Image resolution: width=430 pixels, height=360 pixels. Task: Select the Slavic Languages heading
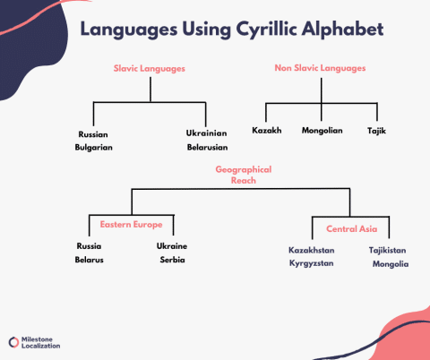(150, 67)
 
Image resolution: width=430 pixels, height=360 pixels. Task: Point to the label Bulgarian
(94, 147)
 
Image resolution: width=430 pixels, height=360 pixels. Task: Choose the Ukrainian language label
(207, 133)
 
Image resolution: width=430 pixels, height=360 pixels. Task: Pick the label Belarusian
(207, 147)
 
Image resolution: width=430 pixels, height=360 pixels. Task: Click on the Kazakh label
(267, 131)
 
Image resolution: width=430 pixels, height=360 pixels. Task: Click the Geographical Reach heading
(243, 174)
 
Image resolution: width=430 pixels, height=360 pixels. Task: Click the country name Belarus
(90, 260)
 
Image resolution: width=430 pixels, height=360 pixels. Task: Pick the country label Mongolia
(390, 264)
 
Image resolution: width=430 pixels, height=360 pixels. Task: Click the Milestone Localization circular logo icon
(13, 342)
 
